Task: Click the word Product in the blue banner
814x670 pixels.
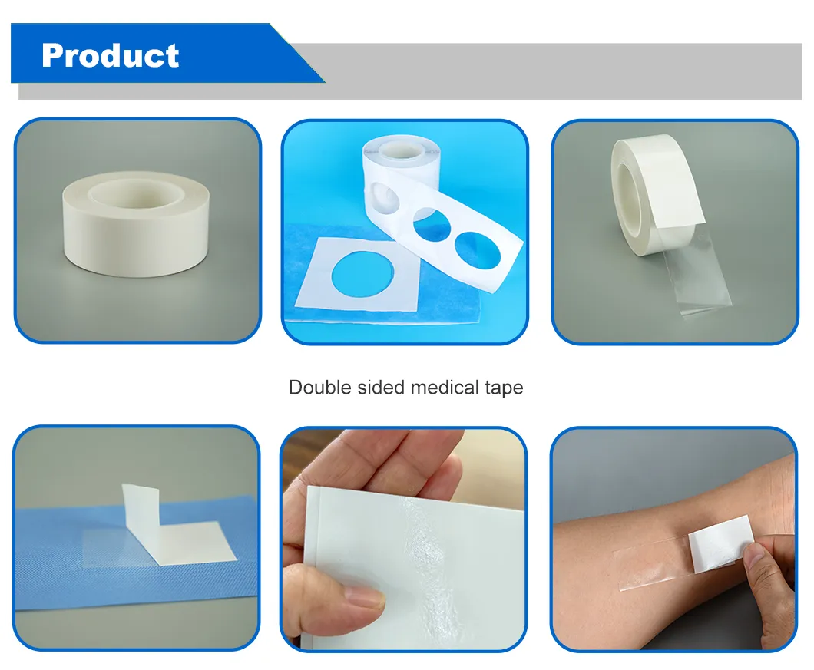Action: (x=111, y=55)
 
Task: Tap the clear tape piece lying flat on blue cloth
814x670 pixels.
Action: (x=123, y=549)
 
